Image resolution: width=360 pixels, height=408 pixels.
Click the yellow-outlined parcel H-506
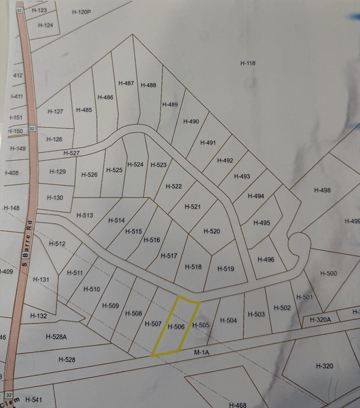click(x=175, y=326)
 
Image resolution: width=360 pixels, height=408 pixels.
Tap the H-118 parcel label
click(x=248, y=63)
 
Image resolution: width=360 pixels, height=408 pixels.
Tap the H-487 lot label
click(x=126, y=83)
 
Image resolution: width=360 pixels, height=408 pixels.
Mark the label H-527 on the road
click(x=71, y=153)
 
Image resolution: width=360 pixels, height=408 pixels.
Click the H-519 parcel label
click(x=226, y=269)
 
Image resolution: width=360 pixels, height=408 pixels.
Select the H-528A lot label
click(x=56, y=336)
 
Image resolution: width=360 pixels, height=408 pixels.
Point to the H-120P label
click(x=81, y=11)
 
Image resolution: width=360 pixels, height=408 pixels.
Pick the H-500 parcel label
click(x=329, y=273)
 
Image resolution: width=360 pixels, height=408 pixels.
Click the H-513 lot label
click(x=84, y=215)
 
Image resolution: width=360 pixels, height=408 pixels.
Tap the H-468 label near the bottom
click(x=237, y=405)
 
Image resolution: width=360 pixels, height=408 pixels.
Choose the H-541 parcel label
click(x=33, y=399)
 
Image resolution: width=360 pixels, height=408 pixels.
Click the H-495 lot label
click(x=261, y=223)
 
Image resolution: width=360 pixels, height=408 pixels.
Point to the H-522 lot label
click(x=174, y=186)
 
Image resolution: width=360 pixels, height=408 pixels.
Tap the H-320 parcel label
click(x=324, y=365)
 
